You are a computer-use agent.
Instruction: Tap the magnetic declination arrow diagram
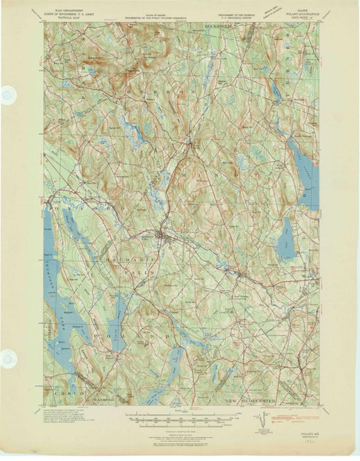point(263,420)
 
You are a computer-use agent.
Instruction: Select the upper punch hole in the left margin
point(8,95)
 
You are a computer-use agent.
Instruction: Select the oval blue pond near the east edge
point(286,237)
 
